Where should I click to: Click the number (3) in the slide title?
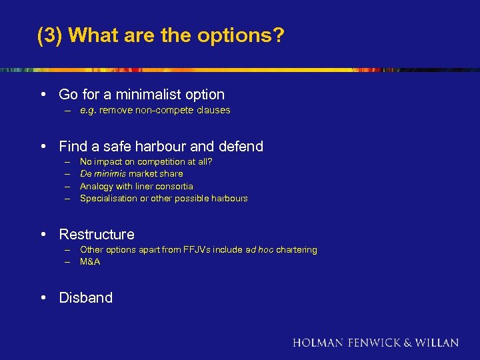[49, 35]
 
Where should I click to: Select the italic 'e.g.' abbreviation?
[87, 111]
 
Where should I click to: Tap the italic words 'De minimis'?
[101, 174]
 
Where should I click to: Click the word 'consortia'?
[173, 186]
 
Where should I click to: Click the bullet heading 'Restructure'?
[97, 234]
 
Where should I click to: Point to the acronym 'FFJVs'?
[195, 250]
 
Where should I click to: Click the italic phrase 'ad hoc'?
[259, 250]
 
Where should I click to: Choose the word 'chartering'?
[297, 250]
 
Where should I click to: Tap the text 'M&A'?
[90, 262]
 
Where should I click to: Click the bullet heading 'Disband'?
[86, 297]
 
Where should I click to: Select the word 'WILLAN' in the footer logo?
[437, 343]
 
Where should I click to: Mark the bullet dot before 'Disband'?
[44, 297]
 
